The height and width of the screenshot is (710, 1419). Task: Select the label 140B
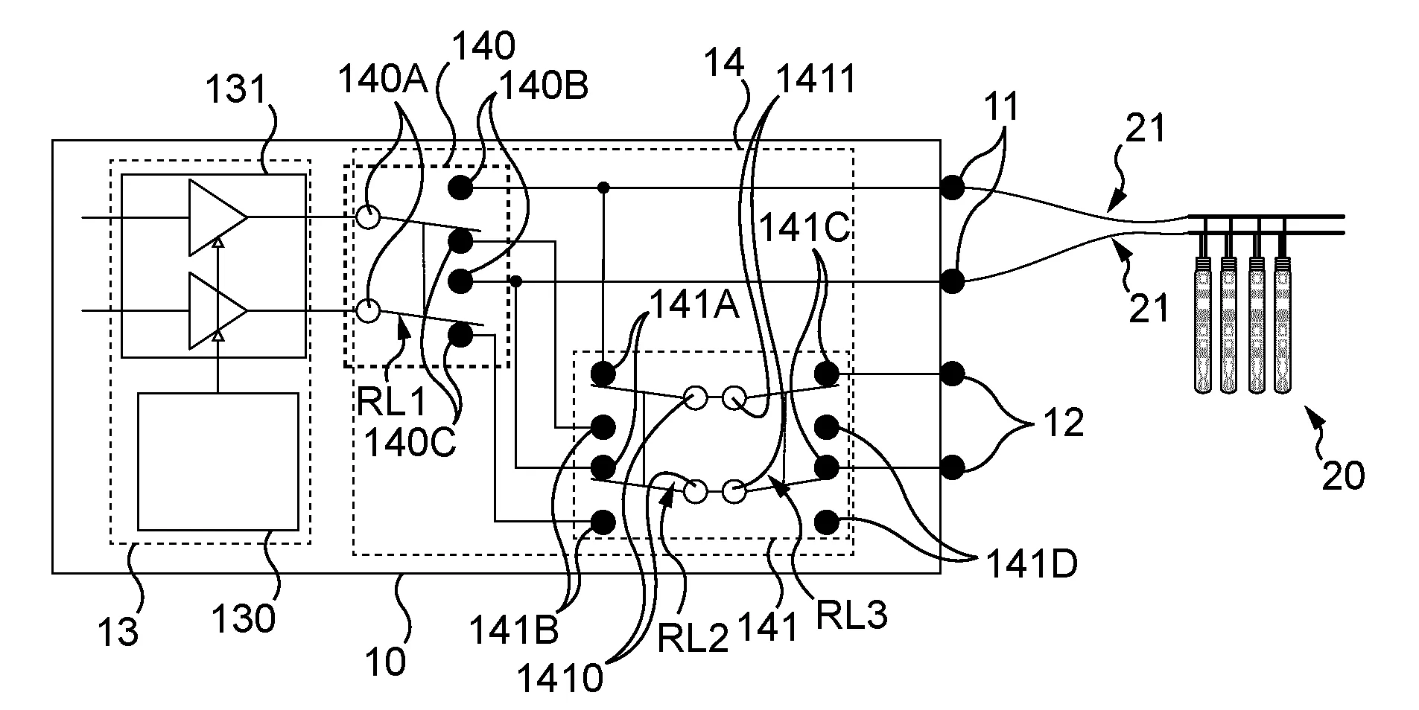pyautogui.click(x=543, y=86)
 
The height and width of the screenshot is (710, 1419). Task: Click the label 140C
pyautogui.click(x=410, y=443)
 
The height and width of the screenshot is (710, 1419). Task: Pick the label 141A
pyautogui.click(x=694, y=304)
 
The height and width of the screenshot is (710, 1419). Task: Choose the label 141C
pyautogui.click(x=804, y=228)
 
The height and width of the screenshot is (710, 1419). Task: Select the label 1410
pyautogui.click(x=560, y=678)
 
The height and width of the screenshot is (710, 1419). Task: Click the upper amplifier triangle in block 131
pyautogui.click(x=218, y=217)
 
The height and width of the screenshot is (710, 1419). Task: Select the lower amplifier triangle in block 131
pyautogui.click(x=218, y=310)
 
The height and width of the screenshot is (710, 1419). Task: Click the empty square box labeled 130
pyautogui.click(x=218, y=461)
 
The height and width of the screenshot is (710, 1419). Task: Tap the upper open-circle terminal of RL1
pyautogui.click(x=367, y=217)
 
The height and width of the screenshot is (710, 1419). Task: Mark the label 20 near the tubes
pyautogui.click(x=1343, y=475)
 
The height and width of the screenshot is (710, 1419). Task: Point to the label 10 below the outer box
pyautogui.click(x=386, y=660)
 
